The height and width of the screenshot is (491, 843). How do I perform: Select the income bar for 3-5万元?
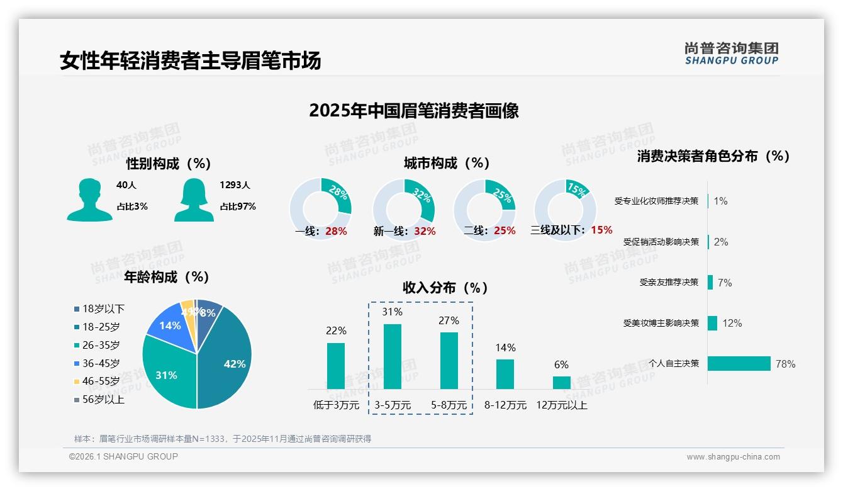coord(393,356)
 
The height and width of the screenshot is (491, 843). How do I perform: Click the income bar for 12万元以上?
coord(562,383)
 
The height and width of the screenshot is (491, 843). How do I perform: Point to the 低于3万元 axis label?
coord(336,405)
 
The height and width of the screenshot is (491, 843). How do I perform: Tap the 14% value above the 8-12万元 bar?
coord(505,347)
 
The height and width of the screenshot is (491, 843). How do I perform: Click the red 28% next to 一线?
coord(336,231)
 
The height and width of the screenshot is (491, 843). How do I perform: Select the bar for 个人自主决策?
coord(739,363)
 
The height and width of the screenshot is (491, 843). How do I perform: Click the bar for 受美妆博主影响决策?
coord(712,323)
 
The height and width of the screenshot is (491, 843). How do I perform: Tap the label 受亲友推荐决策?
coord(669,282)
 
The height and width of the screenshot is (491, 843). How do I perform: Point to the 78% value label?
coord(785,364)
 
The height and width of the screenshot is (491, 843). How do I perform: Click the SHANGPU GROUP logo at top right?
coord(731,54)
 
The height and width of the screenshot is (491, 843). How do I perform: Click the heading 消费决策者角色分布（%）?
coord(713,156)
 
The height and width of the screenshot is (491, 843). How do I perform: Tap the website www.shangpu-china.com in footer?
coord(733,457)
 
